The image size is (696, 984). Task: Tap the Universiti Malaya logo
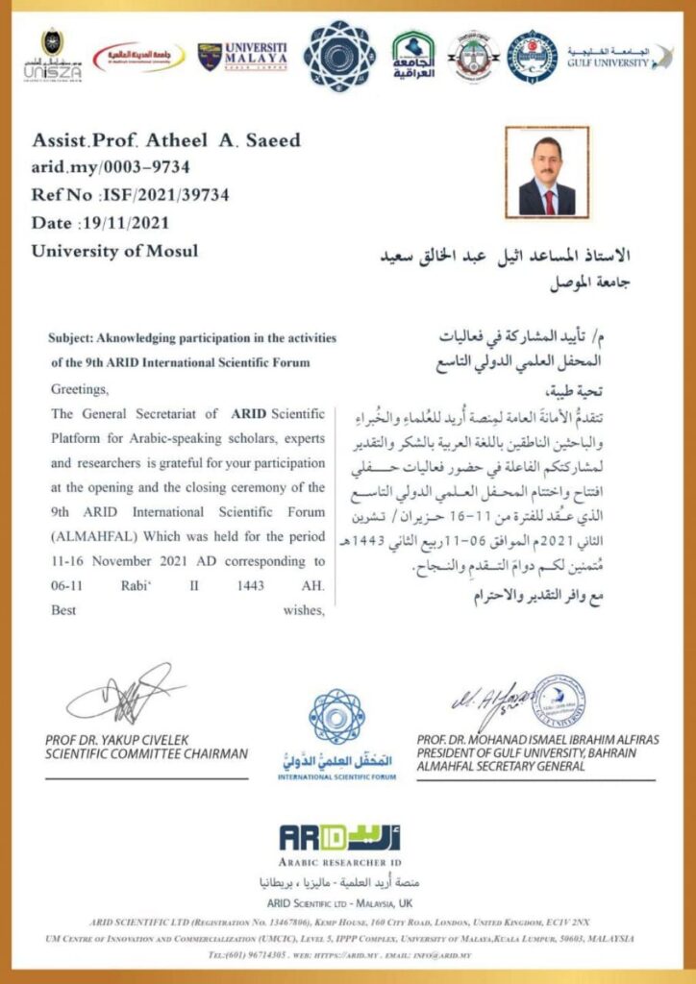pyautogui.click(x=242, y=56)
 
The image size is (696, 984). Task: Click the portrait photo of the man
pyautogui.click(x=546, y=170)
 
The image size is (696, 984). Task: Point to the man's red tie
pyautogui.click(x=548, y=201)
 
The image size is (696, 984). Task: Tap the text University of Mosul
pyautogui.click(x=114, y=251)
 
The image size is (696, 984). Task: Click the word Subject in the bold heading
pyautogui.click(x=71, y=339)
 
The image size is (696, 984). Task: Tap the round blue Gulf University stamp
pyautogui.click(x=560, y=703)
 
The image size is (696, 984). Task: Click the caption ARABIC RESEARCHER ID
pyautogui.click(x=340, y=863)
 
